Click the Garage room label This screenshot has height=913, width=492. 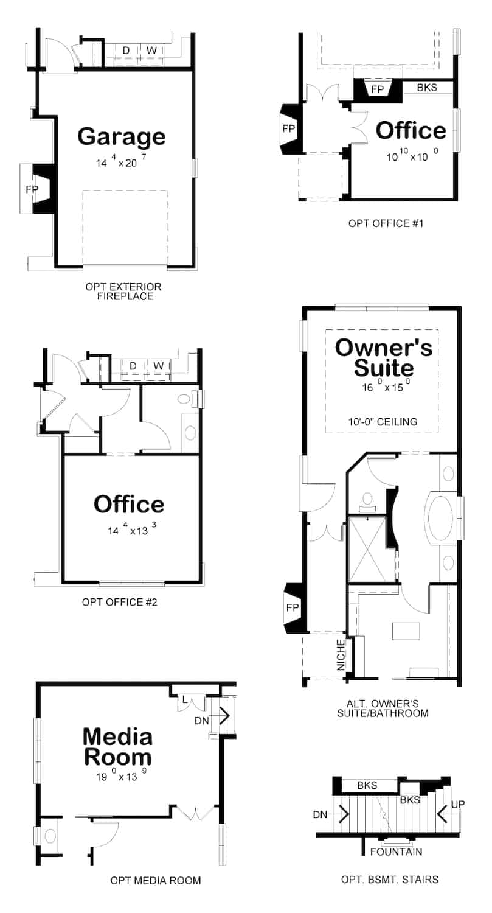coord(121,136)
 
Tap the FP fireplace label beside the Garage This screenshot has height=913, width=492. coord(32,189)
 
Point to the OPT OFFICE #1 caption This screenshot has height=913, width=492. coord(386,223)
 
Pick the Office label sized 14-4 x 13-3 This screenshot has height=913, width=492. coord(129,504)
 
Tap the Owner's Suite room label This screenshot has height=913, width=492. coord(384,358)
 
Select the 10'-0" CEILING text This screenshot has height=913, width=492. coord(384,421)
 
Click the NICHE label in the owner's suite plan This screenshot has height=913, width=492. coord(341,654)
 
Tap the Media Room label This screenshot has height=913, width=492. coord(117,747)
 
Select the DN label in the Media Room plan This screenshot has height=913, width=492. coord(202,721)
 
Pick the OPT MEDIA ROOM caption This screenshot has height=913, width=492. coord(156,880)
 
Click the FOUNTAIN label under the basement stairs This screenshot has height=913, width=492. coord(397,852)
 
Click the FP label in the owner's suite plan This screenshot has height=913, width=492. coord(293,608)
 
